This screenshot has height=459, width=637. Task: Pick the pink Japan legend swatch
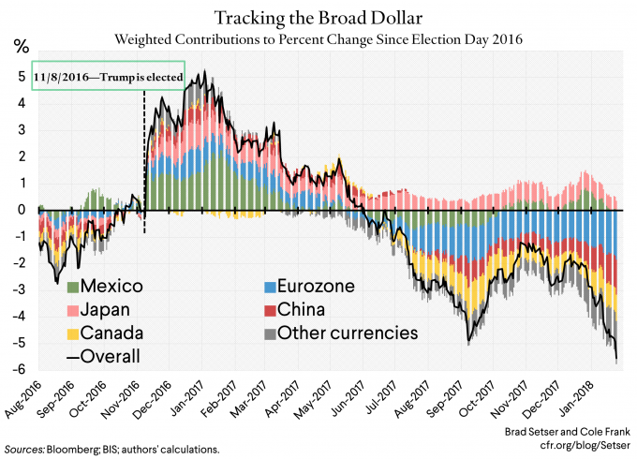pos(70,309)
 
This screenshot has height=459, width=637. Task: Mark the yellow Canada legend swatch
pos(70,333)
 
